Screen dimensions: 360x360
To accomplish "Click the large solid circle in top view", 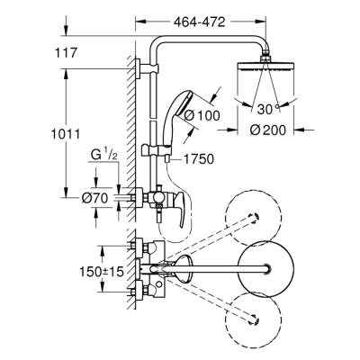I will point(266,268).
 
